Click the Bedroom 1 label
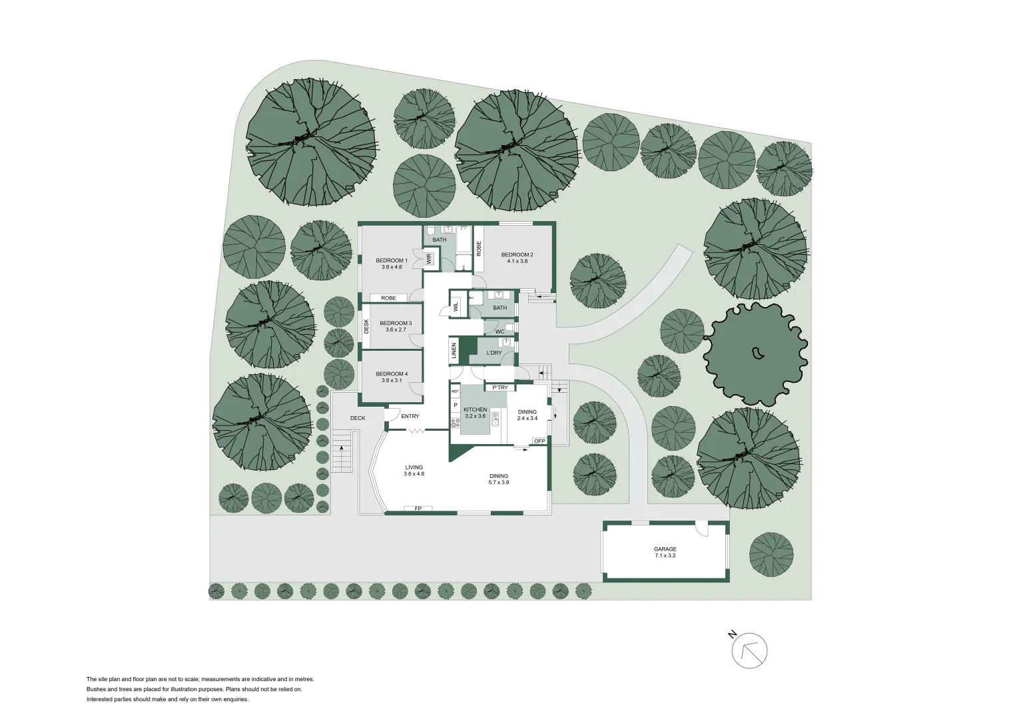tap(391, 260)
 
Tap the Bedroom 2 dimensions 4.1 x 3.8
tap(517, 262)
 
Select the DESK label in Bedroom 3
tap(366, 326)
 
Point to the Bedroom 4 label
tap(391, 373)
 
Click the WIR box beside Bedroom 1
tap(429, 258)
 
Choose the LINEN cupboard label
tap(454, 351)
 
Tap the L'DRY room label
tap(494, 353)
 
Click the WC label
tap(500, 332)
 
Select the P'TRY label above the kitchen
tap(500, 387)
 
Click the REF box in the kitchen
tap(456, 391)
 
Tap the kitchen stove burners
tap(456, 421)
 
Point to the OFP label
tap(539, 441)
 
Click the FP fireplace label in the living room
tap(418, 509)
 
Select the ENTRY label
tap(410, 416)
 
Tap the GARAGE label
tap(665, 549)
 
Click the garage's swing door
tap(700, 529)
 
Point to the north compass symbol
tap(749, 650)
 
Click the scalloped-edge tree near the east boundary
tap(756, 354)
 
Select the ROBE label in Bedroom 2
tap(478, 248)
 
